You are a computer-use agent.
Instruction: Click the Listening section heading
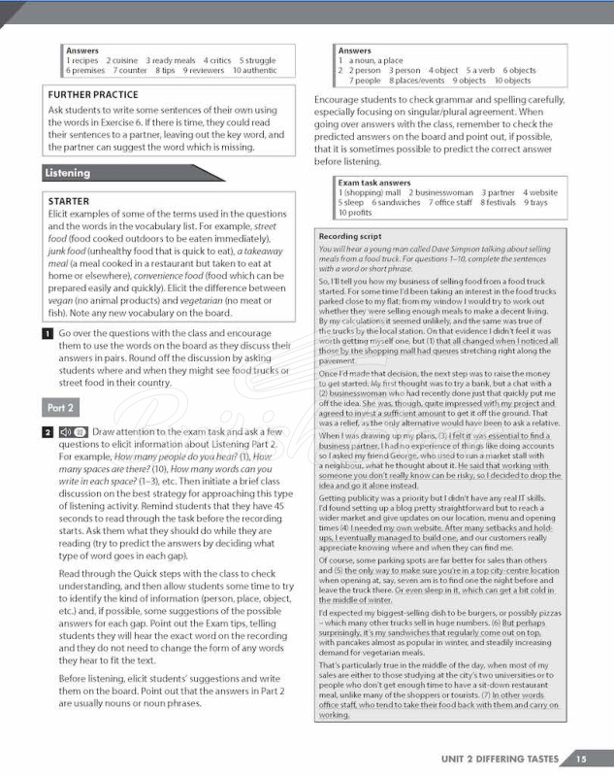click(x=67, y=173)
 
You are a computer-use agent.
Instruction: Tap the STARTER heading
click(x=68, y=201)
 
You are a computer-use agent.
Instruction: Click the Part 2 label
click(x=61, y=407)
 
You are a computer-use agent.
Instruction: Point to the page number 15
click(x=580, y=759)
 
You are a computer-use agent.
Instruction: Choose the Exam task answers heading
click(x=374, y=183)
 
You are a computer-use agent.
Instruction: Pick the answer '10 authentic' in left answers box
click(x=254, y=71)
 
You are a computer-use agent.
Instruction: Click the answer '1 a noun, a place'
click(x=370, y=60)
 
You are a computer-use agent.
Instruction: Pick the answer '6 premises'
click(x=85, y=71)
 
